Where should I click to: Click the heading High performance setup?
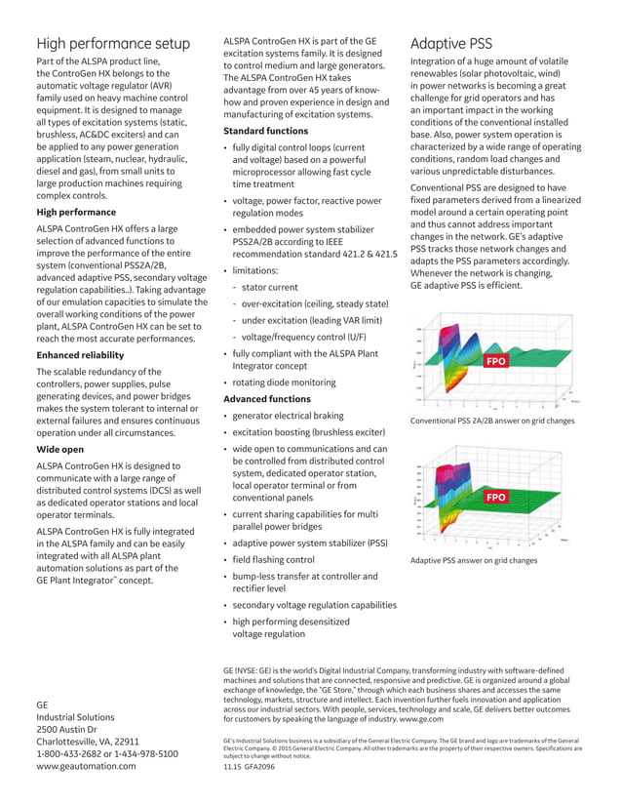point(113,44)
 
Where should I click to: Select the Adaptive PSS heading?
point(451,44)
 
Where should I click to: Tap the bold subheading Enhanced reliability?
point(80,355)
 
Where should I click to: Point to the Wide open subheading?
point(59,450)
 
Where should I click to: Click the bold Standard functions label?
point(265,131)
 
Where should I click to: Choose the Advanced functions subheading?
point(267,399)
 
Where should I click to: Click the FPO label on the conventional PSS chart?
point(496,362)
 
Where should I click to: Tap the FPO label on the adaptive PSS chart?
point(496,498)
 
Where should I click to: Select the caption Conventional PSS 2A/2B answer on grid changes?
point(492,421)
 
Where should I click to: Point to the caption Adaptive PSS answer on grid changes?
point(473,561)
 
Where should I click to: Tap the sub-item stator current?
point(270,287)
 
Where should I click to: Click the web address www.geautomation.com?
point(87,767)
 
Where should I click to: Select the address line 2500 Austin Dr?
point(66,729)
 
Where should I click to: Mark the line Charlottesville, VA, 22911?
point(88,742)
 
